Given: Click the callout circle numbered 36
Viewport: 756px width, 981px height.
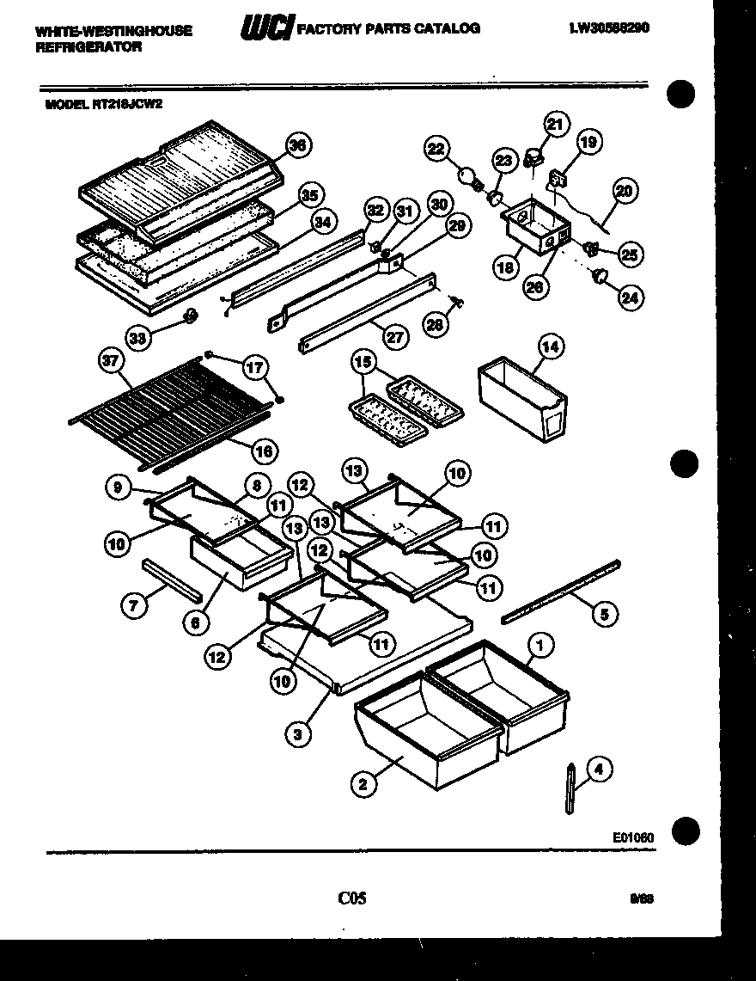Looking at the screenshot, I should click(298, 146).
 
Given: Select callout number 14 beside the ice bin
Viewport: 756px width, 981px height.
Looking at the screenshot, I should click(551, 346).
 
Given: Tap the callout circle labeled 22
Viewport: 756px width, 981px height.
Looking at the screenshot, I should click(436, 150).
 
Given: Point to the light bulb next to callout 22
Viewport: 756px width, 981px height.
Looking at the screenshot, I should click(469, 177).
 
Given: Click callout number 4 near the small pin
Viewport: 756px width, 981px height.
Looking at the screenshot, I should click(599, 771).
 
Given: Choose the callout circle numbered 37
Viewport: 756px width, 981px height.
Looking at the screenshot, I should click(109, 362).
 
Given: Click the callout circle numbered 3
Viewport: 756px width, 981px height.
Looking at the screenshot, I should click(297, 733).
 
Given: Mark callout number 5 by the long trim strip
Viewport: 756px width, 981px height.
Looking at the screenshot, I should click(604, 614).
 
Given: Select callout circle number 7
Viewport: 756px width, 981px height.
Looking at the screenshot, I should click(133, 606).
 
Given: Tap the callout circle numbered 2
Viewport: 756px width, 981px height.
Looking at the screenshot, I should click(363, 782).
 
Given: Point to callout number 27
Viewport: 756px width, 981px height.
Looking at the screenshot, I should click(394, 337).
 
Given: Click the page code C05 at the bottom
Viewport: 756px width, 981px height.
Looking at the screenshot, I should click(352, 898).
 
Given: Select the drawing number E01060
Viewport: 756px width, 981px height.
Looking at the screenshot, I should click(633, 836).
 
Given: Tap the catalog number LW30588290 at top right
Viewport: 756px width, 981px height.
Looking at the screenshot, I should click(608, 28).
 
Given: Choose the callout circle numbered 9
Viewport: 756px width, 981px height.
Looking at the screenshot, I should click(119, 487).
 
